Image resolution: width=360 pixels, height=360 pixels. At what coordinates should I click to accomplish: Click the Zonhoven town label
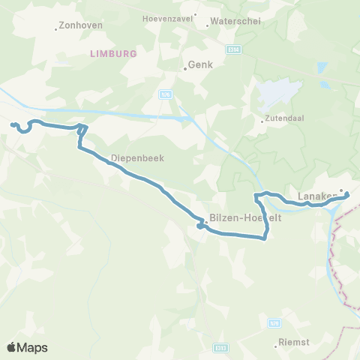click(x=80, y=25)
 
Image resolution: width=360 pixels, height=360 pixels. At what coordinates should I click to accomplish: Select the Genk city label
click(x=201, y=64)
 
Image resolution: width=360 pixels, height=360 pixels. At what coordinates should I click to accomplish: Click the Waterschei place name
click(x=235, y=21)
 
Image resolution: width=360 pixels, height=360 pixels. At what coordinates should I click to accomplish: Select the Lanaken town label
click(x=315, y=197)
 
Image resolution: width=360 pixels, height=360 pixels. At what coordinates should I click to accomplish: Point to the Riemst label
click(x=293, y=344)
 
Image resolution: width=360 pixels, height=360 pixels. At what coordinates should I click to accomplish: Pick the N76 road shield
click(x=165, y=94)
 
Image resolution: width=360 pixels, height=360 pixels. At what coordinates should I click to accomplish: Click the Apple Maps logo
click(x=27, y=347)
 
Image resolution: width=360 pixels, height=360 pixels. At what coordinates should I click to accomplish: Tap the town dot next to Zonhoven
click(x=56, y=29)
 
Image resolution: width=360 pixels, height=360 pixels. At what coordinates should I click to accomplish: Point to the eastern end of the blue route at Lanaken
click(x=347, y=195)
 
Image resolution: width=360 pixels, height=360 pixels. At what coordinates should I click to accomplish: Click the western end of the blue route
click(x=12, y=124)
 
